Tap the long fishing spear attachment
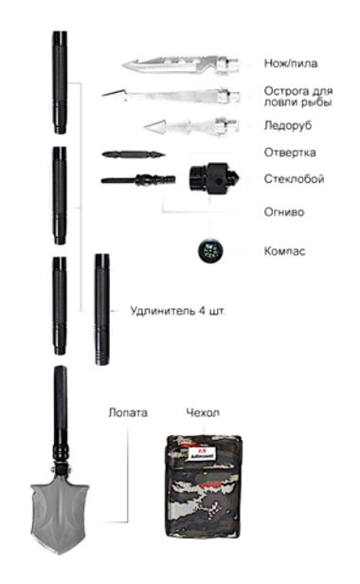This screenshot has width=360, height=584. click(x=171, y=96)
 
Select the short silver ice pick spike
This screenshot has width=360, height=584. click(x=185, y=125)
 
